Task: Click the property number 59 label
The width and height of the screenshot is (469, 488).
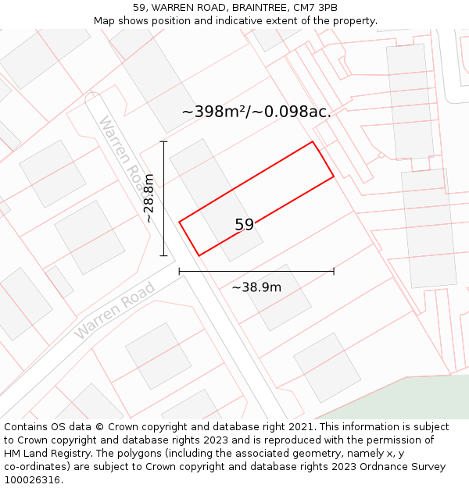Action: [244, 225]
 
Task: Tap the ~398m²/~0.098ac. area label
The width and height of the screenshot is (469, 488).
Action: [256, 112]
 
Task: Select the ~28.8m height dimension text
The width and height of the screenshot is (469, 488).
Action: [149, 198]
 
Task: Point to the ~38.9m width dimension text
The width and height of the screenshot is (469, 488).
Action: [256, 287]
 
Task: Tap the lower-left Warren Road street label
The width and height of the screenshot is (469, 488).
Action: [115, 310]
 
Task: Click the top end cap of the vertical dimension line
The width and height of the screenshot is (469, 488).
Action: [163, 141]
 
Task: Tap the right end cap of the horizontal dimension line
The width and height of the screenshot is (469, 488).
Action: [334, 272]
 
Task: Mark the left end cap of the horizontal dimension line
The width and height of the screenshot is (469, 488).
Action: [180, 272]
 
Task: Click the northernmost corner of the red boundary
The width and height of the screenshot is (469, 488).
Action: [313, 141]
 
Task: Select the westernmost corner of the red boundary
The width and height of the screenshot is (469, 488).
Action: [180, 223]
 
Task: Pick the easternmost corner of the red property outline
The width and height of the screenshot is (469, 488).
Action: [334, 176]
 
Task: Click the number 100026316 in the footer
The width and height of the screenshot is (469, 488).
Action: [32, 480]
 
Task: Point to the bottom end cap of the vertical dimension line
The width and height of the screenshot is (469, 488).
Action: [163, 255]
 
